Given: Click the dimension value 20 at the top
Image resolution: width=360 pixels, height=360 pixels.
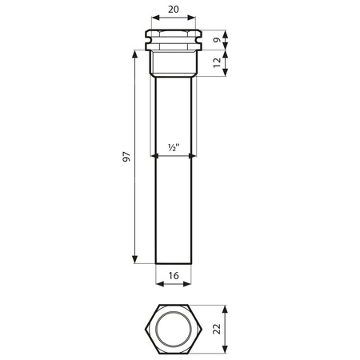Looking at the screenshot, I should click(174, 10).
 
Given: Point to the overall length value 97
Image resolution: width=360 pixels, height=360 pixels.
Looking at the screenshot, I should click(126, 161).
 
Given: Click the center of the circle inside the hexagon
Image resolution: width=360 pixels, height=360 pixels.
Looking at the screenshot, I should click(174, 330).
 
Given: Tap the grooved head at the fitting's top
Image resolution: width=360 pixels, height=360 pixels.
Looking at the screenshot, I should click(174, 38).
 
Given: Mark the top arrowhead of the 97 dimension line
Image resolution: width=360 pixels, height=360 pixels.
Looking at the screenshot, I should click(134, 54).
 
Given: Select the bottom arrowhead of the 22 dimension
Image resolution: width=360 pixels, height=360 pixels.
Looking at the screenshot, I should click(226, 353).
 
